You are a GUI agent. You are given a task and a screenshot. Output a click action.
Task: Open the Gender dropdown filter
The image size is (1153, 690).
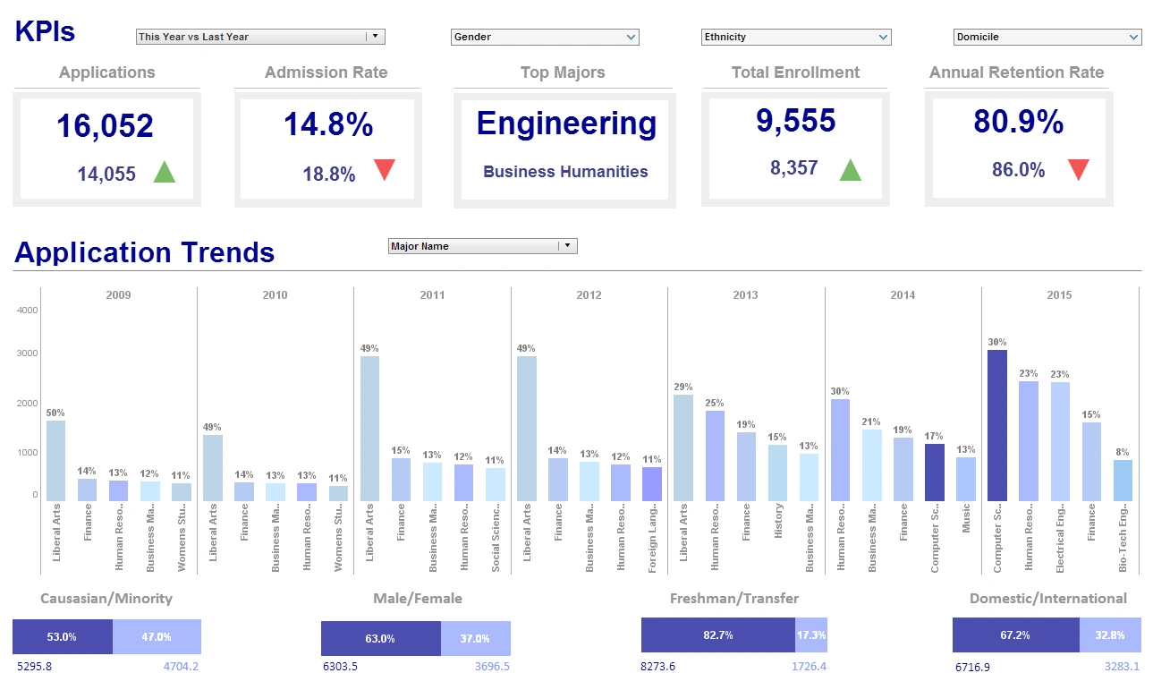click(x=544, y=37)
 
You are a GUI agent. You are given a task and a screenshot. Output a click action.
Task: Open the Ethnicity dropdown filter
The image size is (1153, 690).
click(x=795, y=37)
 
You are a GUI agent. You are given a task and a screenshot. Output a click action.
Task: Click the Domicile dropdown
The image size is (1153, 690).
click(x=1047, y=37)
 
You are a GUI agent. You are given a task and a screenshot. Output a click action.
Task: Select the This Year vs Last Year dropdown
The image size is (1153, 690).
click(x=259, y=37)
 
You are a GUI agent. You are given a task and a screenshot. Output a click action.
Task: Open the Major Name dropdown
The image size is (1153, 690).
click(x=483, y=246)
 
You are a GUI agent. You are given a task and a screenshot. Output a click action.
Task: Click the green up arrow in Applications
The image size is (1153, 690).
click(x=165, y=172)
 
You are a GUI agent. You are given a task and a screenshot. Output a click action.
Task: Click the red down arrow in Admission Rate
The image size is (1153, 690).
click(x=385, y=170)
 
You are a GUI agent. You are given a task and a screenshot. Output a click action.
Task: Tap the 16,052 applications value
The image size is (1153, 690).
click(x=105, y=126)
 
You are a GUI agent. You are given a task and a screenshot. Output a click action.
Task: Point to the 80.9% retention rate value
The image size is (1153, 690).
click(x=1018, y=122)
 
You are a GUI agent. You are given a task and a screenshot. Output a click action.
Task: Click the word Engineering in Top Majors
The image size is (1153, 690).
click(x=566, y=124)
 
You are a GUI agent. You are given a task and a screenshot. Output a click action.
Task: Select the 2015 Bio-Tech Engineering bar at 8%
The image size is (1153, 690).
click(x=1123, y=480)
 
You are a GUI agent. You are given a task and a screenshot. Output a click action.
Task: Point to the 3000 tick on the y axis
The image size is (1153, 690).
click(x=27, y=354)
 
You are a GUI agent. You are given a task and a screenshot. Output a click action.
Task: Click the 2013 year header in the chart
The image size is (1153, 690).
click(x=745, y=294)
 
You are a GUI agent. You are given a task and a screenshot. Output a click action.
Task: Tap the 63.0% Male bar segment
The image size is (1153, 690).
click(x=380, y=639)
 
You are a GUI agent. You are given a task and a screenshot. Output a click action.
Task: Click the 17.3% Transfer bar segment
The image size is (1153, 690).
click(x=810, y=635)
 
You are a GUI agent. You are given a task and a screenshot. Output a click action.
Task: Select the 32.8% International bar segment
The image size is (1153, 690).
click(x=1110, y=635)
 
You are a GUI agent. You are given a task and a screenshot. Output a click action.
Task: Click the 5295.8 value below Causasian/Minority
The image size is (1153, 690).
click(x=36, y=666)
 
